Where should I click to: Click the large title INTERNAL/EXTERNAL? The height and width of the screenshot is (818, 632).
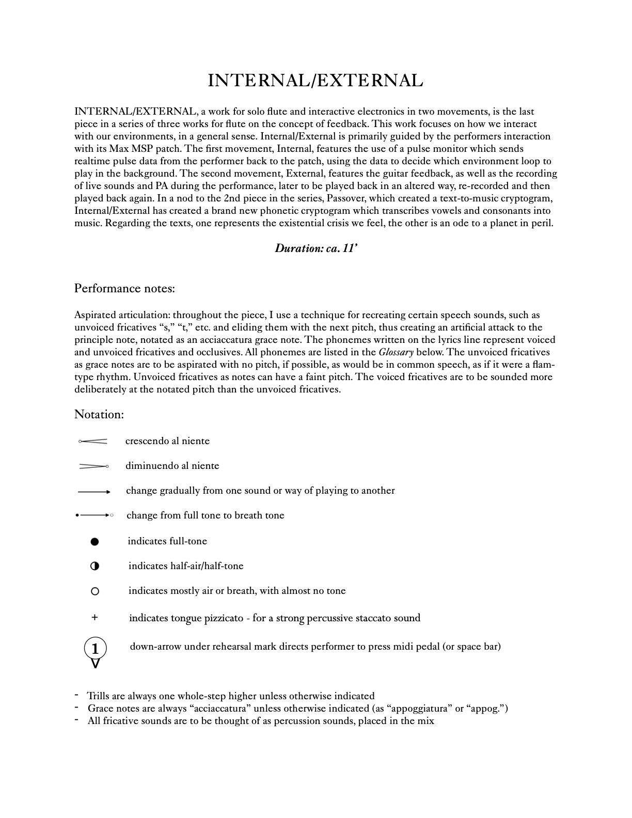(x=315, y=81)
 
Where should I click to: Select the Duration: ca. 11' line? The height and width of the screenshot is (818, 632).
(x=316, y=248)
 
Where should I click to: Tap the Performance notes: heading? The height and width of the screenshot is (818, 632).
(x=124, y=288)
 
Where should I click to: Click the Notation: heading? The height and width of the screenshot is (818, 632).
(x=99, y=414)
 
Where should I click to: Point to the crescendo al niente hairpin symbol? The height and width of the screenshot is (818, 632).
(x=93, y=441)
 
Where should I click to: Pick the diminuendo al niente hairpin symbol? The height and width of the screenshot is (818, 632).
(x=93, y=466)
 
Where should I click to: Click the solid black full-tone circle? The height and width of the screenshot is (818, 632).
(x=94, y=542)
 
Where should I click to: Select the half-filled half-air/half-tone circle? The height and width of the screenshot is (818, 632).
(x=94, y=566)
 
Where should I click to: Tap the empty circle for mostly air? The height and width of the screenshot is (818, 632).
(x=94, y=591)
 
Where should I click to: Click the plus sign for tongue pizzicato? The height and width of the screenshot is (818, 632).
(x=94, y=617)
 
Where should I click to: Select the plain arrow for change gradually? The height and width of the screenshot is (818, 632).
(x=94, y=492)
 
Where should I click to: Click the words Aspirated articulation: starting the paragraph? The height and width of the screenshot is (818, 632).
(x=122, y=315)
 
